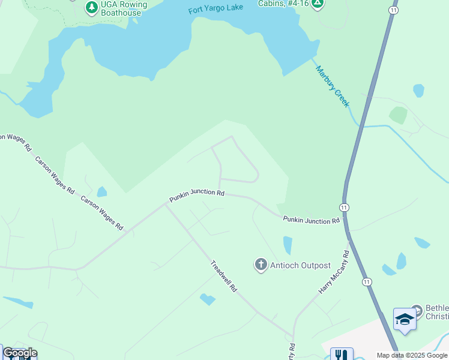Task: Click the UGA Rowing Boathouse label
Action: pyautogui.click(x=124, y=8)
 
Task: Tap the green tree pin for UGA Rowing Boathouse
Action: pyautogui.click(x=91, y=8)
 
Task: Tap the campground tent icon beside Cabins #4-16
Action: pyautogui.click(x=318, y=4)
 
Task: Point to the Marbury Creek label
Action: pyautogui.click(x=333, y=86)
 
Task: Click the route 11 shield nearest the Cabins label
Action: pyautogui.click(x=393, y=11)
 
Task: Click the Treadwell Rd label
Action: pyautogui.click(x=224, y=276)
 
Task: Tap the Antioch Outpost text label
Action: pyautogui.click(x=300, y=265)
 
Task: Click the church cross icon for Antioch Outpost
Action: pyautogui.click(x=261, y=265)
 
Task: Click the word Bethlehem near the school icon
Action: pyautogui.click(x=436, y=308)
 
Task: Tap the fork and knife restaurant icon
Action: pyautogui.click(x=342, y=355)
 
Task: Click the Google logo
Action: pyautogui.click(x=20, y=353)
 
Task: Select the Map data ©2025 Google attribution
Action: pyautogui.click(x=412, y=355)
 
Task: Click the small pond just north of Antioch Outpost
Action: pyautogui.click(x=288, y=245)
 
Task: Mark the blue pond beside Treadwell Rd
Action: pyautogui.click(x=208, y=299)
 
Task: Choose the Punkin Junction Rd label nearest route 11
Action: pyautogui.click(x=311, y=221)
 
